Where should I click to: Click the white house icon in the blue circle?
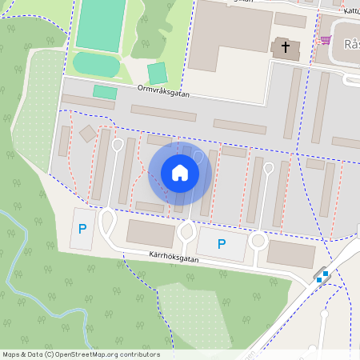179,172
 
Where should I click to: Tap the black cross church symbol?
286,47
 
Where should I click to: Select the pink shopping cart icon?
325,39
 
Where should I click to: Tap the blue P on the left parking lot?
82,229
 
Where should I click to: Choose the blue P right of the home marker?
222,244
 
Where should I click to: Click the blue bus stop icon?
322,277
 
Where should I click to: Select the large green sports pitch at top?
101,24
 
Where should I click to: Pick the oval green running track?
96,63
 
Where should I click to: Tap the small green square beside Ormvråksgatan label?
158,73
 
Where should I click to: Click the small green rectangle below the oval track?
105,92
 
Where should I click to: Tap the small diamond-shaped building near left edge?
86,134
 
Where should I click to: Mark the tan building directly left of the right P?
150,234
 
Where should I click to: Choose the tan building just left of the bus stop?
290,254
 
